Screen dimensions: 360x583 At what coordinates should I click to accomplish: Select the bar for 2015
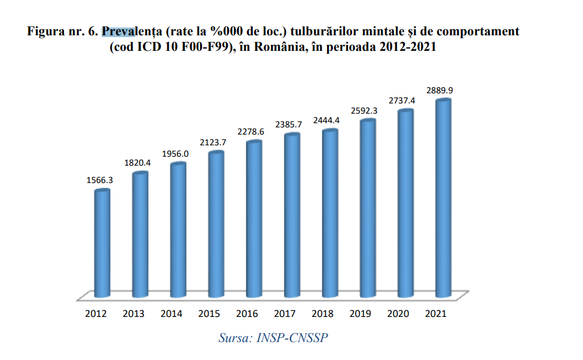pos(216,224)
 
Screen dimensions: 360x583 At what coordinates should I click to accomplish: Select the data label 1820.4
pos(137,163)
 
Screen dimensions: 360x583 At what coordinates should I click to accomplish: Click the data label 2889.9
pos(439,90)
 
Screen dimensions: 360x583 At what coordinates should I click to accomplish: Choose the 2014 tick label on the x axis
pos(172,313)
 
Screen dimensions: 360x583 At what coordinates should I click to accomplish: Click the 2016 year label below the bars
pos(247,313)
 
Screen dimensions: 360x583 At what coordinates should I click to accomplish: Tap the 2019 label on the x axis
pos(360,313)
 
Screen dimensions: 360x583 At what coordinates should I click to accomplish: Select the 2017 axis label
pos(285,313)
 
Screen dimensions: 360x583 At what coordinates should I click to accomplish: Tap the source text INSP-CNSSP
pos(292,338)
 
